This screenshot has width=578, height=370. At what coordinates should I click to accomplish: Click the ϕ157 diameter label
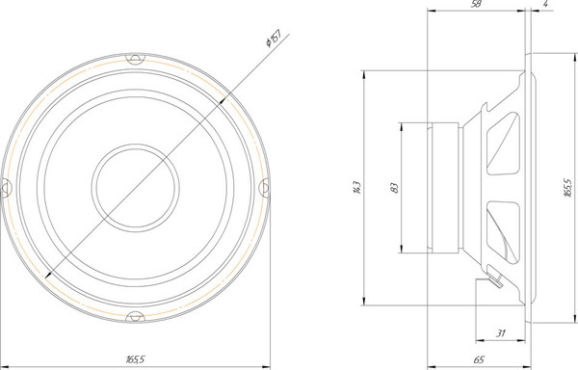pyautogui.click(x=274, y=38)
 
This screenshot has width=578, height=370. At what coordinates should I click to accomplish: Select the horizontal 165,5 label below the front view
pyautogui.click(x=135, y=359)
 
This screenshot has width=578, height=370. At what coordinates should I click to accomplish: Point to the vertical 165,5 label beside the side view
pyautogui.click(x=568, y=188)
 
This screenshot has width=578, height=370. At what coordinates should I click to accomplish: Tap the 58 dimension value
pyautogui.click(x=476, y=4)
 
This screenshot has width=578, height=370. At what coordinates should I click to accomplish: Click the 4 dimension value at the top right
pyautogui.click(x=545, y=4)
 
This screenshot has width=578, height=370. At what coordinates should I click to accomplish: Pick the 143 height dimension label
pyautogui.click(x=356, y=188)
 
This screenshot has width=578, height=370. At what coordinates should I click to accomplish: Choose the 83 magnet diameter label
pyautogui.click(x=394, y=188)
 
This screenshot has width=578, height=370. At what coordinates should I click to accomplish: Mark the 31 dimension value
pyautogui.click(x=500, y=333)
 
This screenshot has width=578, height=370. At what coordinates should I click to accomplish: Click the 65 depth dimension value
pyautogui.click(x=479, y=359)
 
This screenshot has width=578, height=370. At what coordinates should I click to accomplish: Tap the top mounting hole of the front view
pyautogui.click(x=135, y=58)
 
